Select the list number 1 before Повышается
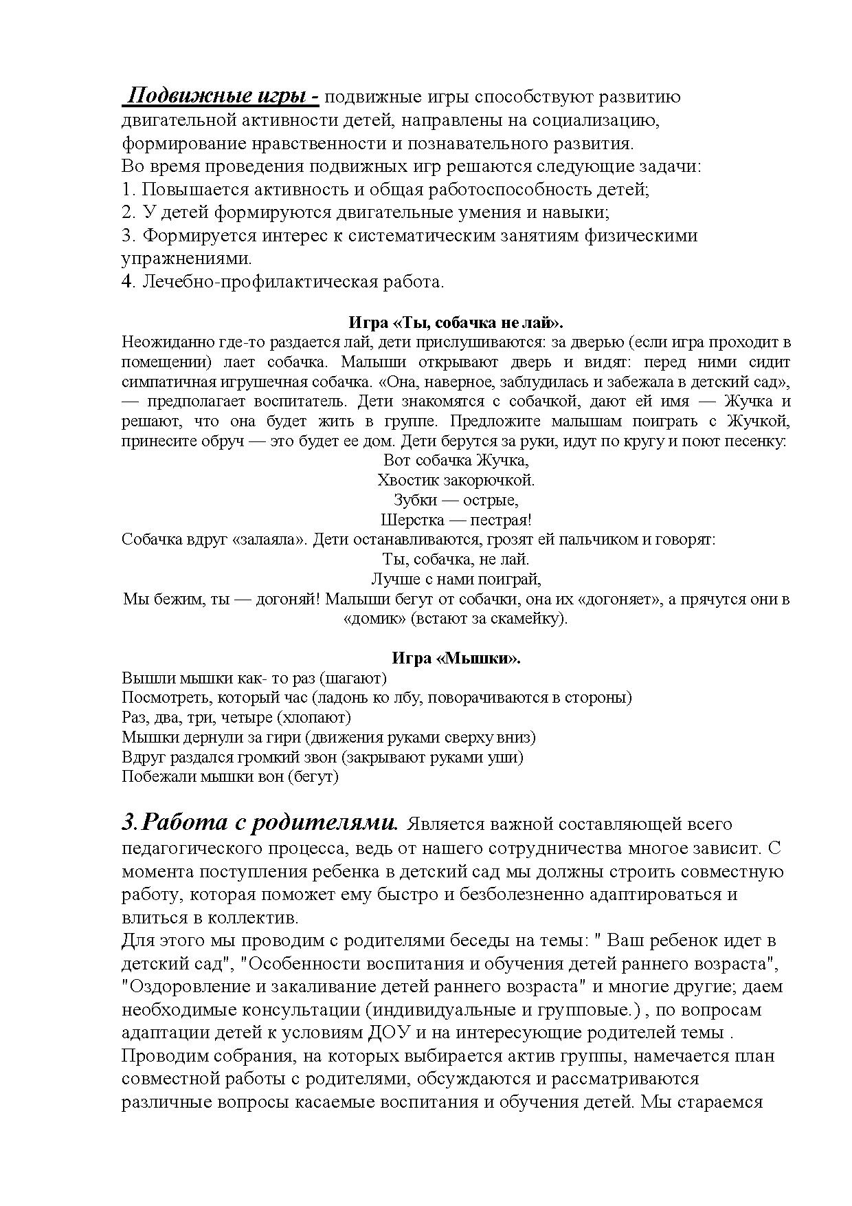pyautogui.click(x=126, y=189)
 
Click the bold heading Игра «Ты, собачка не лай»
pyautogui.click(x=456, y=322)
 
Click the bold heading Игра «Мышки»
pyautogui.click(x=456, y=658)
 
